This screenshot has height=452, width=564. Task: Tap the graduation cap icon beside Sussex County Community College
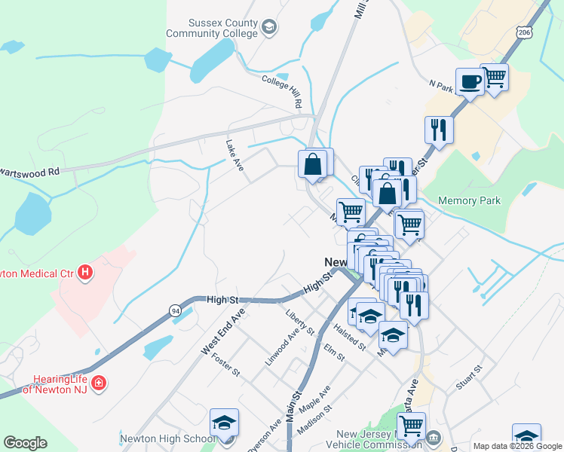(x=269, y=29)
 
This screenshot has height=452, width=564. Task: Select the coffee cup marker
(x=470, y=82)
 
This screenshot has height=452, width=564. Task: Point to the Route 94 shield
(x=175, y=310)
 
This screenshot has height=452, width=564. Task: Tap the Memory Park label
(x=469, y=201)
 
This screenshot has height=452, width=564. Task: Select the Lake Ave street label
(x=234, y=155)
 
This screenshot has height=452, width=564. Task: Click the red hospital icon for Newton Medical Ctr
(x=85, y=270)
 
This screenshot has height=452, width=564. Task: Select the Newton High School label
(x=167, y=438)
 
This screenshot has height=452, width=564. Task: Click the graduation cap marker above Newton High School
(x=224, y=423)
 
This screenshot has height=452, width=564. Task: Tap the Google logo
(x=25, y=443)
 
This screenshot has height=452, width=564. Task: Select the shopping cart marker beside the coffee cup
(x=495, y=78)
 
